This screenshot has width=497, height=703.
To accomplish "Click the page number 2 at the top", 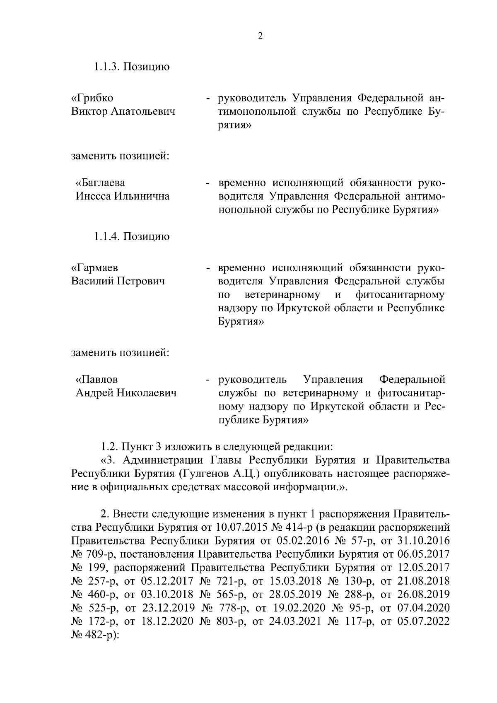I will pos(260,36).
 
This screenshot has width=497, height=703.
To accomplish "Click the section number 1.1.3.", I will pos(106,67).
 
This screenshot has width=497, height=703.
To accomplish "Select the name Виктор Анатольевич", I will pos(123,112).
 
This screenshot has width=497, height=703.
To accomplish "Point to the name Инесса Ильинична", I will pos(122,196).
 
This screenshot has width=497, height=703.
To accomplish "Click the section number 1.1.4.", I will pos(106,237).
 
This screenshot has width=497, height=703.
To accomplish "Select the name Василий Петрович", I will pos(118,282).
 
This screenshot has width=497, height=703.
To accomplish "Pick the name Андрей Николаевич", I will pos(125,393).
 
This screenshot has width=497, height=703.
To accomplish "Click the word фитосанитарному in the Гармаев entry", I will pos(400,295).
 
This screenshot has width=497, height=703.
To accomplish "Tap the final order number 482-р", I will pos(101,635).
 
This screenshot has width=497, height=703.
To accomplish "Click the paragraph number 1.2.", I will pos(109,447).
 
